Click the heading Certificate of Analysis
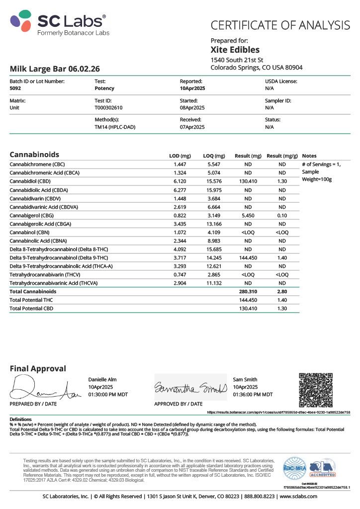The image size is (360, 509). (280, 25)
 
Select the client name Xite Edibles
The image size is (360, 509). (235, 50)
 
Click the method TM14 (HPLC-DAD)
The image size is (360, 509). (115, 127)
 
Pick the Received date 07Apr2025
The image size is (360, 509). (192, 127)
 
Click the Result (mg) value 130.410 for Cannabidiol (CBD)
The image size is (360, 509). (248, 181)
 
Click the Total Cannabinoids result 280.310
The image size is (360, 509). (248, 291)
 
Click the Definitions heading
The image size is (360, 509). (20, 420)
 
